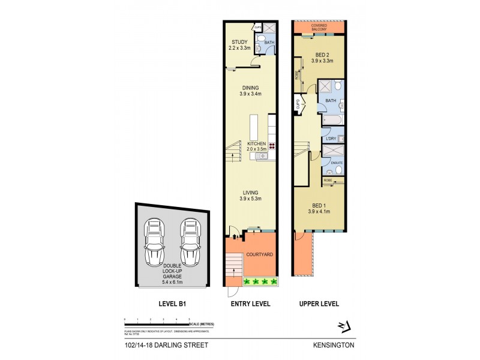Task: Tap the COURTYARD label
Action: pos(260,254)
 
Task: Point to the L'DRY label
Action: pos(331,139)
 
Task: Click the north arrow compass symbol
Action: pos(343,325)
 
